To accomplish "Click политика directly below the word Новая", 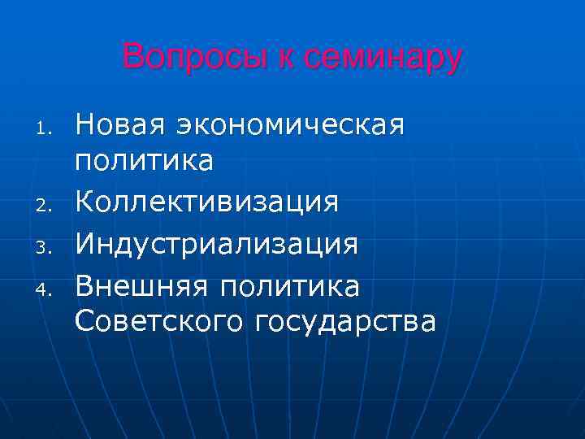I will [145, 162].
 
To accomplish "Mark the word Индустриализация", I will [216, 241].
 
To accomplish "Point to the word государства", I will [345, 322].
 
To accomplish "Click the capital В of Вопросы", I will [132, 57].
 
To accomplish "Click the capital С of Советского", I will [84, 320].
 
